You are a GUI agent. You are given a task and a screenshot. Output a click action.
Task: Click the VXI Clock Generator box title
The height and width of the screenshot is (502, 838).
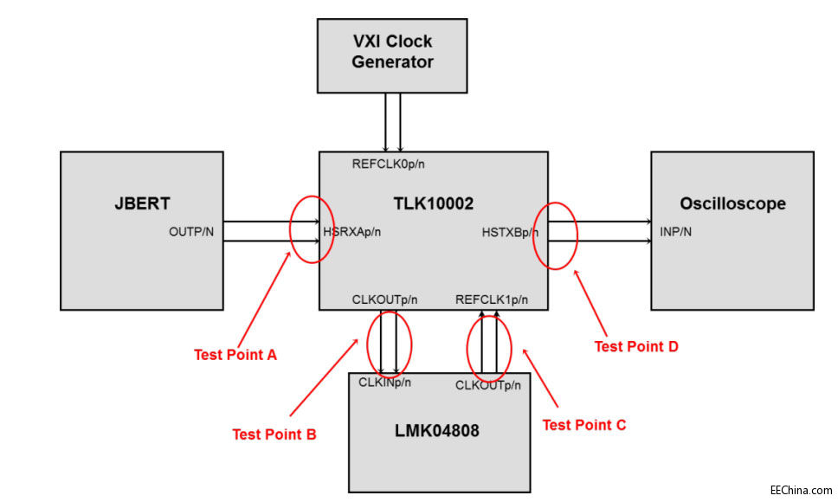point(392,51)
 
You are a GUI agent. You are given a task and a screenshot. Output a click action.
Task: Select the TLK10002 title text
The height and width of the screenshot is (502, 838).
point(433,204)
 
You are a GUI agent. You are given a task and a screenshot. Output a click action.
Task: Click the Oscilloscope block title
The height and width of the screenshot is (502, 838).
point(732,204)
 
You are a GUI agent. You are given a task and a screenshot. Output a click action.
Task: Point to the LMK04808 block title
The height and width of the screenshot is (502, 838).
point(438,429)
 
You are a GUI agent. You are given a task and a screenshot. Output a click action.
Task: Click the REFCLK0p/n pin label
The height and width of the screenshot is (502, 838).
point(388,164)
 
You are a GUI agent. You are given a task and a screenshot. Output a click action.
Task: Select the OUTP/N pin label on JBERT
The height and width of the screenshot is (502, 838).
point(191,232)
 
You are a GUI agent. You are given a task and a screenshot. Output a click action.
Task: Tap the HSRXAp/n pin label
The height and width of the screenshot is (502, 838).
point(352,232)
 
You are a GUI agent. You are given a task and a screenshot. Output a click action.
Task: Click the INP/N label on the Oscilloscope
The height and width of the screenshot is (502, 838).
point(675,232)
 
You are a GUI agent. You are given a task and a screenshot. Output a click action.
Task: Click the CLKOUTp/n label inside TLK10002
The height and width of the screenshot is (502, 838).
point(384,300)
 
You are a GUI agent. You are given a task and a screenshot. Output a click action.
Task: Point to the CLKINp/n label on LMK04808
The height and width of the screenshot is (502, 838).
point(385,382)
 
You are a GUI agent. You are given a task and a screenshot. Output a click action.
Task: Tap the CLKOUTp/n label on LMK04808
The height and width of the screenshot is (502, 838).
point(488,385)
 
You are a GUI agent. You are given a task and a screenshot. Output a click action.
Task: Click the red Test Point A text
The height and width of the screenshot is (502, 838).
point(235,354)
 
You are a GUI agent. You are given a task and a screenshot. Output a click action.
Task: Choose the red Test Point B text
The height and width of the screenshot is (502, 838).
point(274,434)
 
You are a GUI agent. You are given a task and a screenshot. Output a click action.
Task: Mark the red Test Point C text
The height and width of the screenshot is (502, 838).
point(583,425)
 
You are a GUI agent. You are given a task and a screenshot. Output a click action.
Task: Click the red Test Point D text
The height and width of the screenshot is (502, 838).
point(636,346)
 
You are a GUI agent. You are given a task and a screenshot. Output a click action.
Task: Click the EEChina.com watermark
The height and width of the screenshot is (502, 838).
point(801,488)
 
